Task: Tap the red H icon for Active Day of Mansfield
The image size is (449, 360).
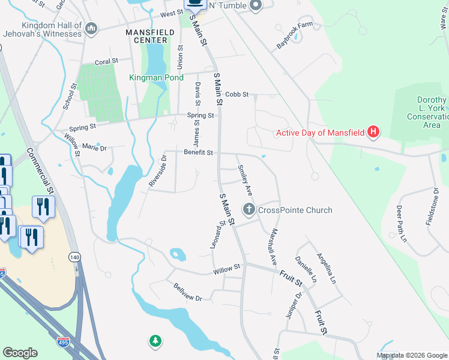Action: pyautogui.click(x=373, y=132)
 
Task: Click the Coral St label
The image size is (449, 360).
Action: pyautogui.click(x=107, y=62)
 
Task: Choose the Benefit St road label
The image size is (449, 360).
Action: pyautogui.click(x=199, y=153)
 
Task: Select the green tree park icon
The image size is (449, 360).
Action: pyautogui.click(x=155, y=341)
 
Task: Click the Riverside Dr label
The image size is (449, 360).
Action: pyautogui.click(x=157, y=171)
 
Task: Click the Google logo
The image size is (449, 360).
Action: pyautogui.click(x=20, y=353)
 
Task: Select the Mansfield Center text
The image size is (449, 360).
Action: pyautogui.click(x=146, y=35)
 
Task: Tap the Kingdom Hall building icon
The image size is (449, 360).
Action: pyautogui.click(x=91, y=28)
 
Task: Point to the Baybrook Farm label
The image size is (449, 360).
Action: pyautogui.click(x=295, y=36)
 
